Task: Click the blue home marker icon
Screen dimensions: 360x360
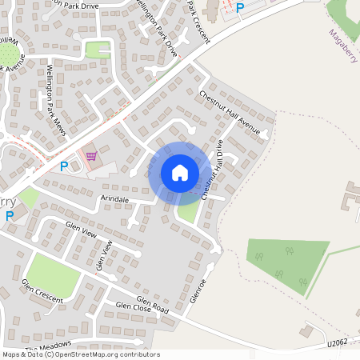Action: [179, 172]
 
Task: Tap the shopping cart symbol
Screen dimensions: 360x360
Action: [90, 155]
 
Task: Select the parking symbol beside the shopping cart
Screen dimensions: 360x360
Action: [64, 166]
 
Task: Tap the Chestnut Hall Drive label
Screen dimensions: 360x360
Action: [213, 170]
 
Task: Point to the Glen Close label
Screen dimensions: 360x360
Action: [132, 306]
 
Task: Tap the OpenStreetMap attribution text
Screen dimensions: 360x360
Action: [81, 354]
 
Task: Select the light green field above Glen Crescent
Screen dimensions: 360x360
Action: [53, 274]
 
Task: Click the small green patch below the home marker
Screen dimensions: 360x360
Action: [189, 210]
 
